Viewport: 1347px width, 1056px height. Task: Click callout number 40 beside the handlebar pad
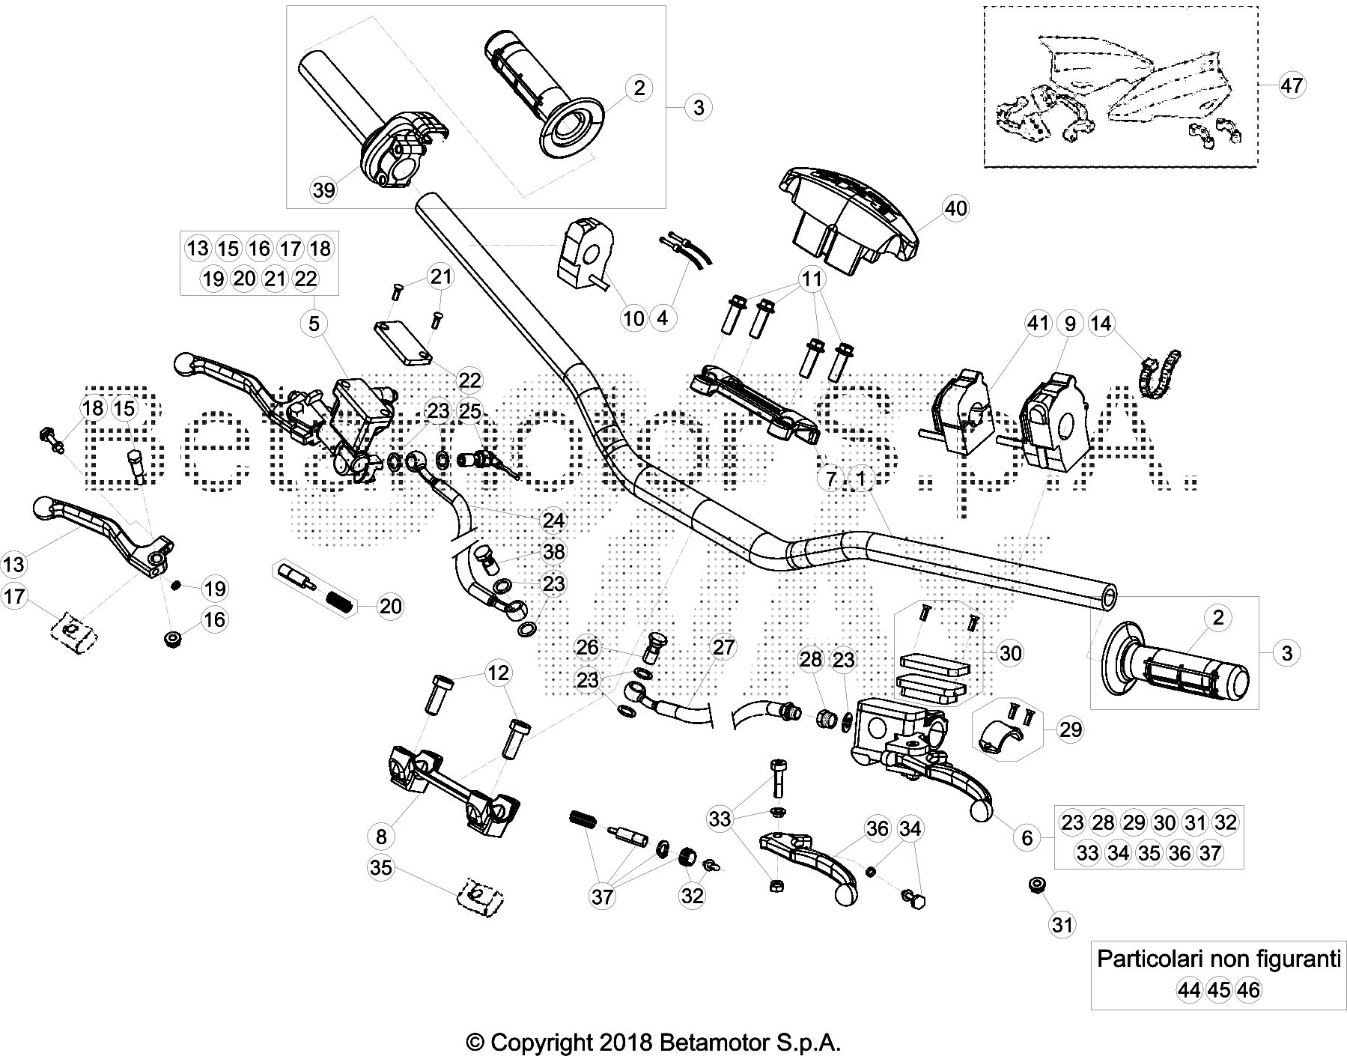tap(956, 208)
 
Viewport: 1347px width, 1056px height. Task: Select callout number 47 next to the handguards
tap(1291, 85)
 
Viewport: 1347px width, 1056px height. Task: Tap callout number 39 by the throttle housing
tap(323, 190)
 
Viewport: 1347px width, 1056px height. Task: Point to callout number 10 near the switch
tap(633, 318)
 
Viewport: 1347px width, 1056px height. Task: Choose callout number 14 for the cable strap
tap(1101, 324)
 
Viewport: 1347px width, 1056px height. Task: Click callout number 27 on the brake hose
tap(723, 647)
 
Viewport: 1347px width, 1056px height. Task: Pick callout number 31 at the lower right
tap(1062, 925)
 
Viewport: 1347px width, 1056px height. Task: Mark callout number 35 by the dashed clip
tap(381, 867)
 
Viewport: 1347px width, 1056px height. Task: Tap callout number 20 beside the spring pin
tap(390, 606)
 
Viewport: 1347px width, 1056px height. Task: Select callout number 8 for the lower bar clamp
tap(381, 836)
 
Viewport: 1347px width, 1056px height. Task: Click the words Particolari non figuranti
tap(1218, 959)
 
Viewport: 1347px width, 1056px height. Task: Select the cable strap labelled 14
tap(1157, 372)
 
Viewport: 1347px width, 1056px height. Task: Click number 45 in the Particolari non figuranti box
tap(1219, 990)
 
